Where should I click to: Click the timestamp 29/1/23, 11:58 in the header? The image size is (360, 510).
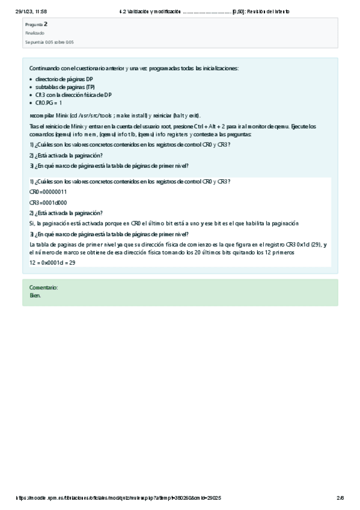tap(31, 11)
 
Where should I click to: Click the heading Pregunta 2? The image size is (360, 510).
tap(36, 25)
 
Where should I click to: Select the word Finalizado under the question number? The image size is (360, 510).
tap(34, 33)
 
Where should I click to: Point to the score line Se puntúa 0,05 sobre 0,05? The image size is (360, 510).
tap(49, 42)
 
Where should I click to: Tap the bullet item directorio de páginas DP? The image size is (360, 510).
tap(64, 79)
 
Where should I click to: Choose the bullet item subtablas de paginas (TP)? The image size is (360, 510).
tap(65, 87)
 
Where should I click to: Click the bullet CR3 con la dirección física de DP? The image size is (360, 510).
tap(73, 94)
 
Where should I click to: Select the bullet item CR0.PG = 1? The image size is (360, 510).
tap(49, 103)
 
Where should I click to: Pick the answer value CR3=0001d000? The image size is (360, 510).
tap(48, 202)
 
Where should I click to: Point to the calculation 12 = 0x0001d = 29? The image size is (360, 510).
tap(52, 263)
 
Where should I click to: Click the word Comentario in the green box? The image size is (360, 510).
tap(43, 288)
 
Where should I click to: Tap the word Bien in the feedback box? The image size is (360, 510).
tap(35, 295)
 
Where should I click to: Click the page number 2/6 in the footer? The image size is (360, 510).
tap(340, 498)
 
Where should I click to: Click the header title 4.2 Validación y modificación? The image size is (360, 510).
tap(150, 11)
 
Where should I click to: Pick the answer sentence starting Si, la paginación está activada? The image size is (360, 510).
tap(163, 223)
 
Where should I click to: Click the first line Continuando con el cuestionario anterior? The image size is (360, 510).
tap(133, 69)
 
